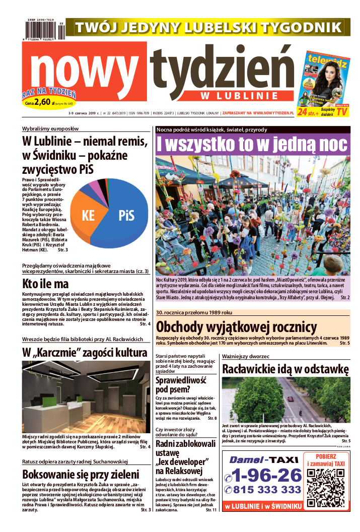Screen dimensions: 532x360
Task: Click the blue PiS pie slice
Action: coord(126,216)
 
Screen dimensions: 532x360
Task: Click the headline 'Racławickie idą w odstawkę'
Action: coord(285,369)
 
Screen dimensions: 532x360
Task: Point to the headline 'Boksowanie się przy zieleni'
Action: coord(80,475)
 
